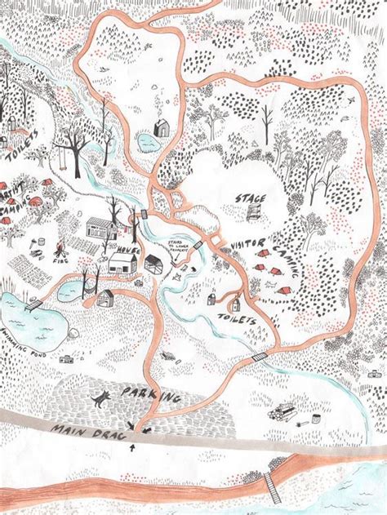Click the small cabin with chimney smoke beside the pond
pyautogui.click(x=162, y=127)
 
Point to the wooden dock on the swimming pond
pyautogui.click(x=34, y=305)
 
